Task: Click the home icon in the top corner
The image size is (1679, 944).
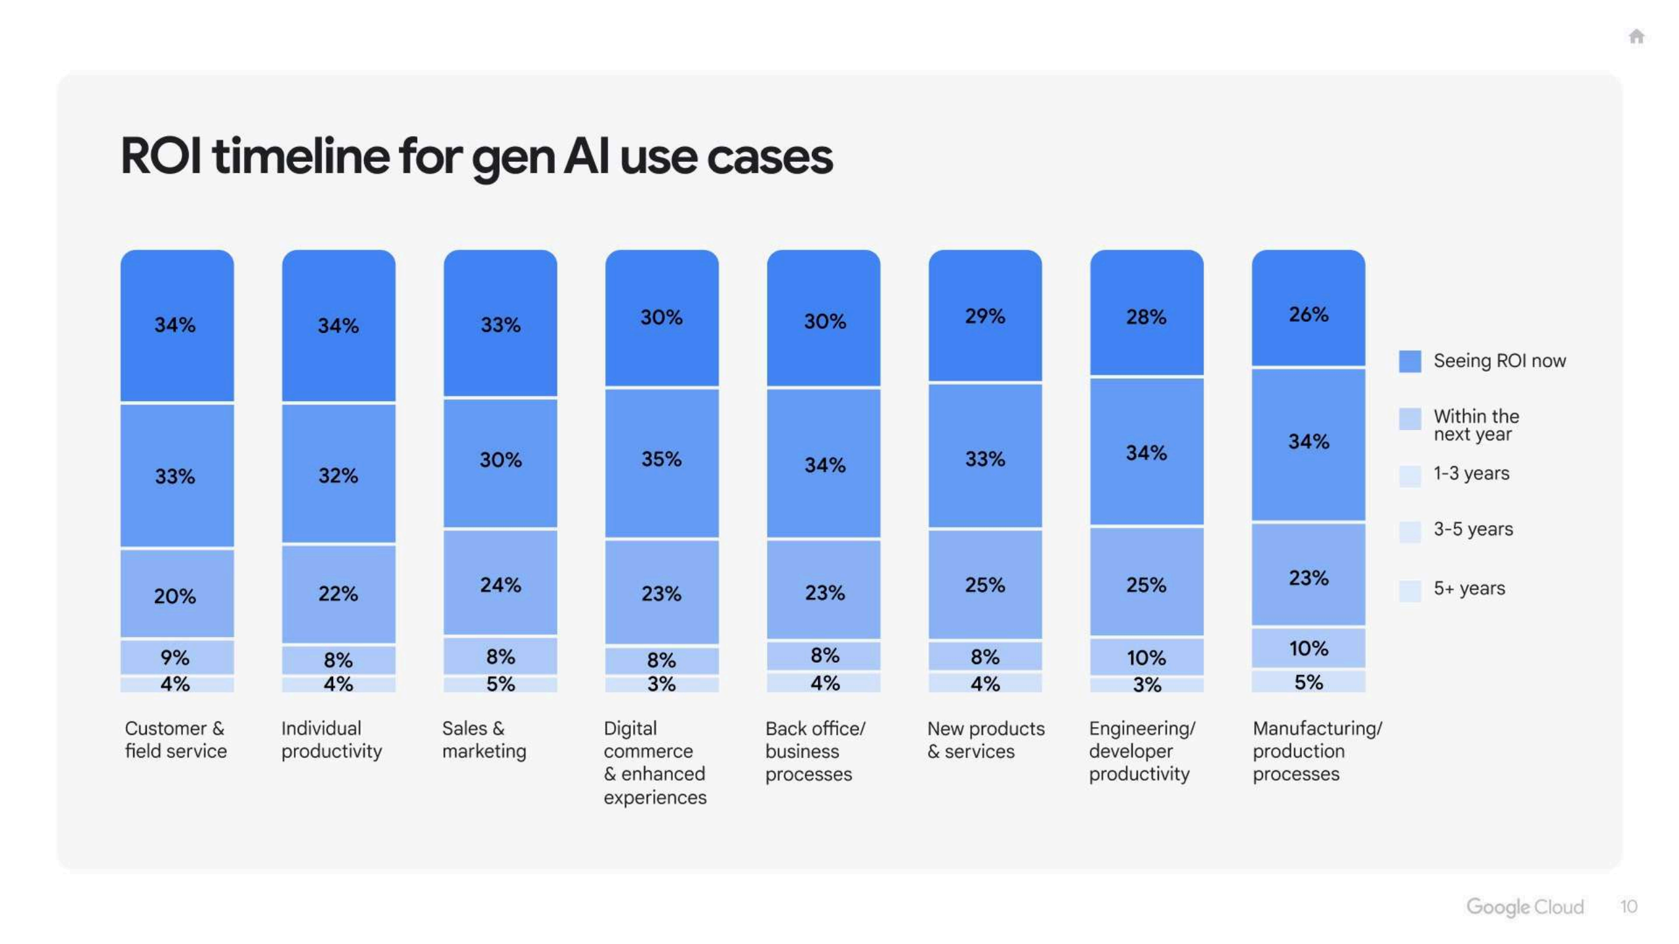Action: tap(1636, 36)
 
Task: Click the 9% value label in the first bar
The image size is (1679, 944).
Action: tap(175, 657)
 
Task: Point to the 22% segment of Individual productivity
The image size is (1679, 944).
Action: tap(338, 593)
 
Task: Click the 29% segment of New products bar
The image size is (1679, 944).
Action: tap(984, 316)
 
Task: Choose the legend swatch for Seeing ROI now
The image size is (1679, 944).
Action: tap(1409, 361)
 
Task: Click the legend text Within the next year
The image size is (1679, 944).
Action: tap(1476, 425)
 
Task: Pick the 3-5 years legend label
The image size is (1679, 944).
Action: tap(1472, 529)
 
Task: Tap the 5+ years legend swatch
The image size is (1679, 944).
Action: tap(1409, 590)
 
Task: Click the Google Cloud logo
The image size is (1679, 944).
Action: tap(1524, 907)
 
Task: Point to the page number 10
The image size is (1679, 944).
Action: tap(1628, 907)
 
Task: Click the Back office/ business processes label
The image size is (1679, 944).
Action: tap(815, 751)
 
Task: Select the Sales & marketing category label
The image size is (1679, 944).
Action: tap(483, 739)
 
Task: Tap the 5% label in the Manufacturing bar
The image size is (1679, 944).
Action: tap(1308, 682)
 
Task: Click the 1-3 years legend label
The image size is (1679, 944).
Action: tap(1470, 473)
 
